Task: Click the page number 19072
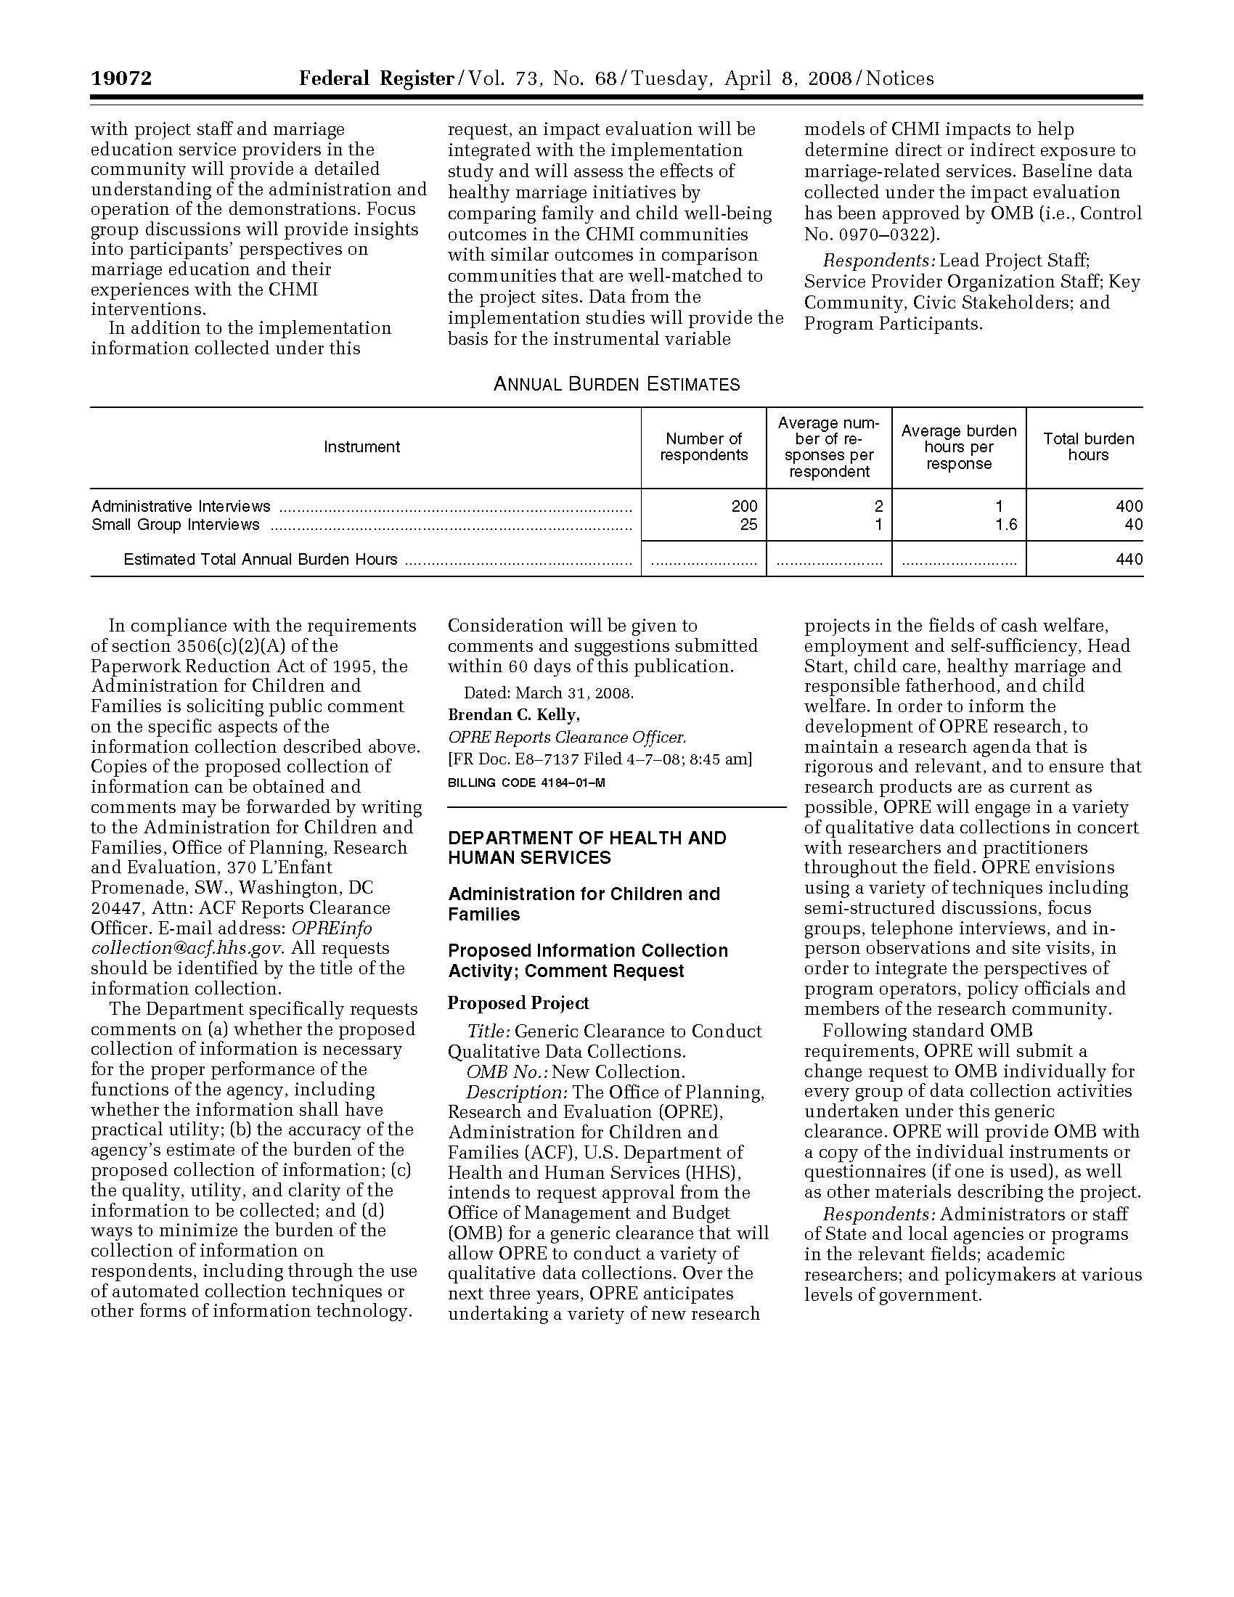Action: [121, 78]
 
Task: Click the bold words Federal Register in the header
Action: [376, 78]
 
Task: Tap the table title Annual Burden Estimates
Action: [616, 384]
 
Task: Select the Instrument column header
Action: [362, 446]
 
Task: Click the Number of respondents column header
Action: [703, 446]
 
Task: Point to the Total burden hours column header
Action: [1088, 446]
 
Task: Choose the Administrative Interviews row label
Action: [181, 506]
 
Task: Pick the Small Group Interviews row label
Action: [176, 525]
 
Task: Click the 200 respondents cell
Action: [744, 506]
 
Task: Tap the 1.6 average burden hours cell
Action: [1006, 525]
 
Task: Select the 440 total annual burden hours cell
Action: [1129, 560]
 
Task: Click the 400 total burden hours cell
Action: [1129, 506]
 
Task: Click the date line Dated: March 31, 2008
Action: [548, 693]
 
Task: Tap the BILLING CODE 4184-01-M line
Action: [526, 783]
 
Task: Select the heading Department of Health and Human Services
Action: [587, 847]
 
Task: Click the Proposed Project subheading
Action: [518, 1002]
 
